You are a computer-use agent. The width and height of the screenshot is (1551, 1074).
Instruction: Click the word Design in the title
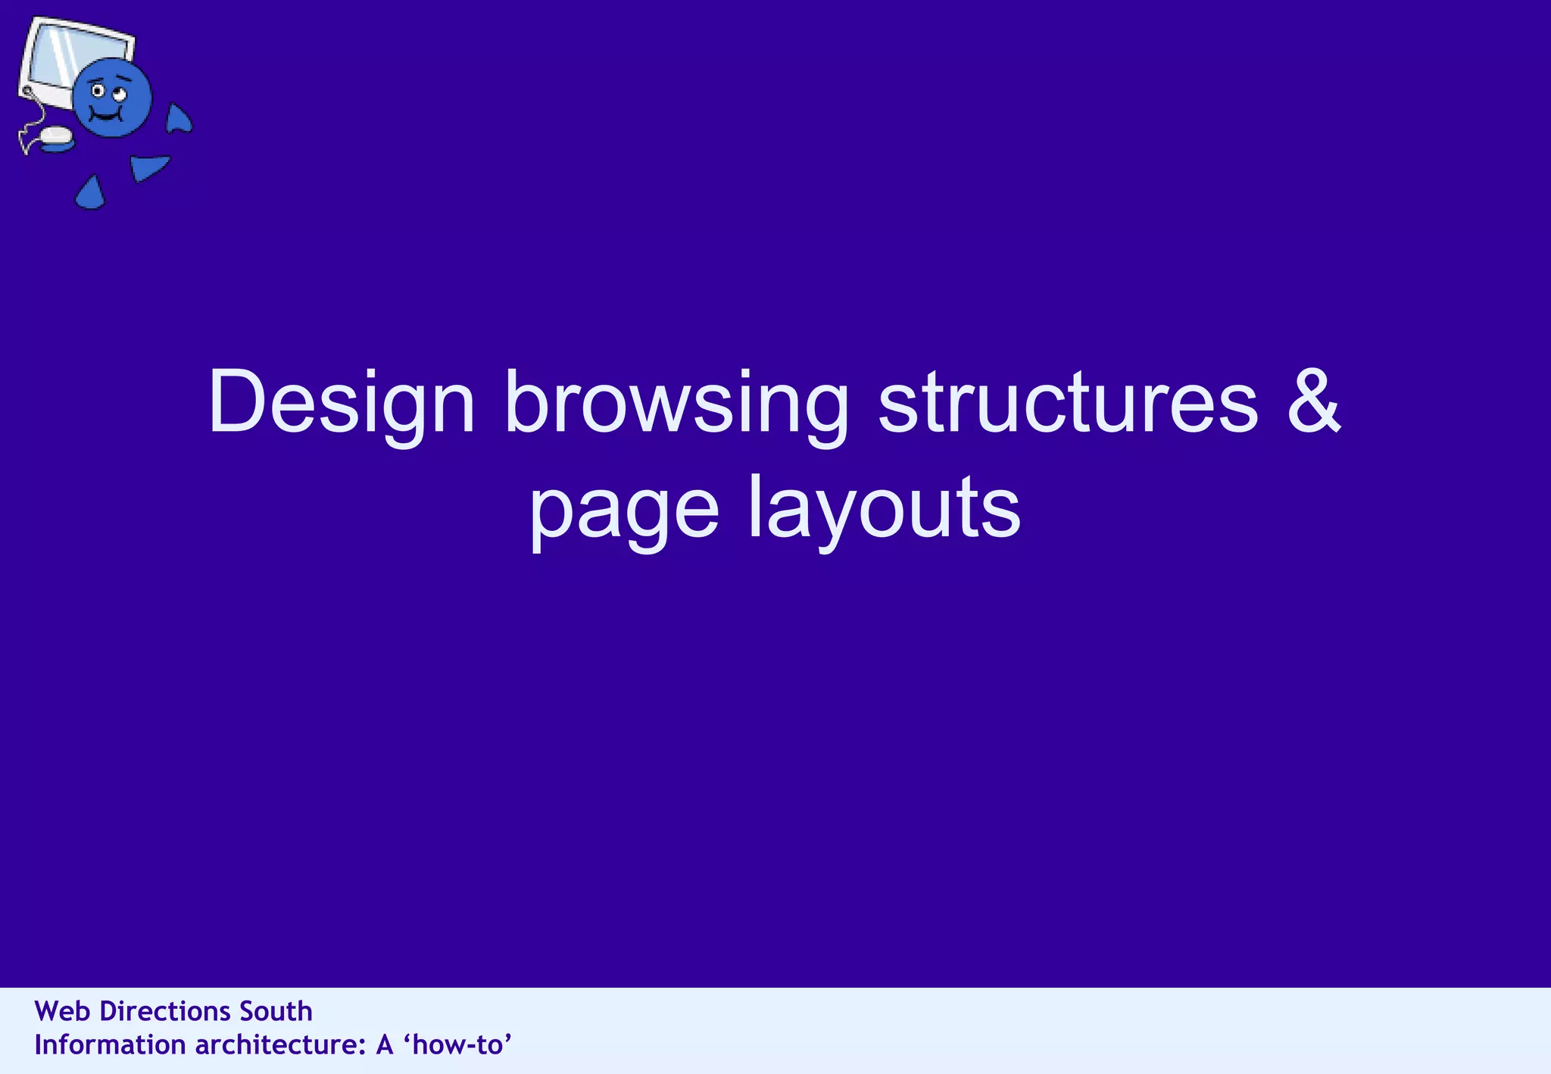(342, 404)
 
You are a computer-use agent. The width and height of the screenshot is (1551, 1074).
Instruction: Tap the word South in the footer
(276, 1011)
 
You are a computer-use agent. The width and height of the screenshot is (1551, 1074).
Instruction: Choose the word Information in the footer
(110, 1045)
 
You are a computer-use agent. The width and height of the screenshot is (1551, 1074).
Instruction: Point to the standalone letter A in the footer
(384, 1045)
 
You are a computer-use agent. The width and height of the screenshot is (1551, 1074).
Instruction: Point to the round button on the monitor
(27, 92)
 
